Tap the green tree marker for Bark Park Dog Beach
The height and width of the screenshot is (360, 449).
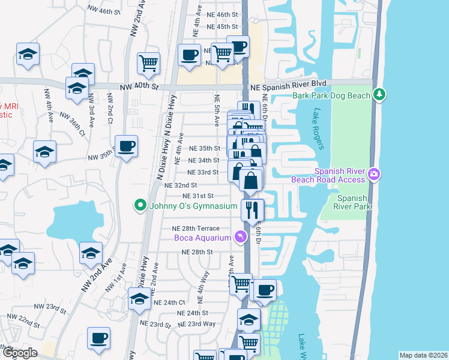click(x=379, y=95)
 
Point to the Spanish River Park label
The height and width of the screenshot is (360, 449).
click(x=354, y=202)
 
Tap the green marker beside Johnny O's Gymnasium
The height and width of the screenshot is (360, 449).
click(x=141, y=206)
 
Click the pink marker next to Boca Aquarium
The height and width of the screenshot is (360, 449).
click(x=241, y=238)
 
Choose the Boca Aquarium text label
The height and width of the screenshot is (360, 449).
click(x=202, y=238)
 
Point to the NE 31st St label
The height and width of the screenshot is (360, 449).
click(x=198, y=196)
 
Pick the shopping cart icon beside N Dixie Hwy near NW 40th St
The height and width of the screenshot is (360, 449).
click(x=148, y=62)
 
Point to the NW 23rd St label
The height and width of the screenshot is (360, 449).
click(x=50, y=308)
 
